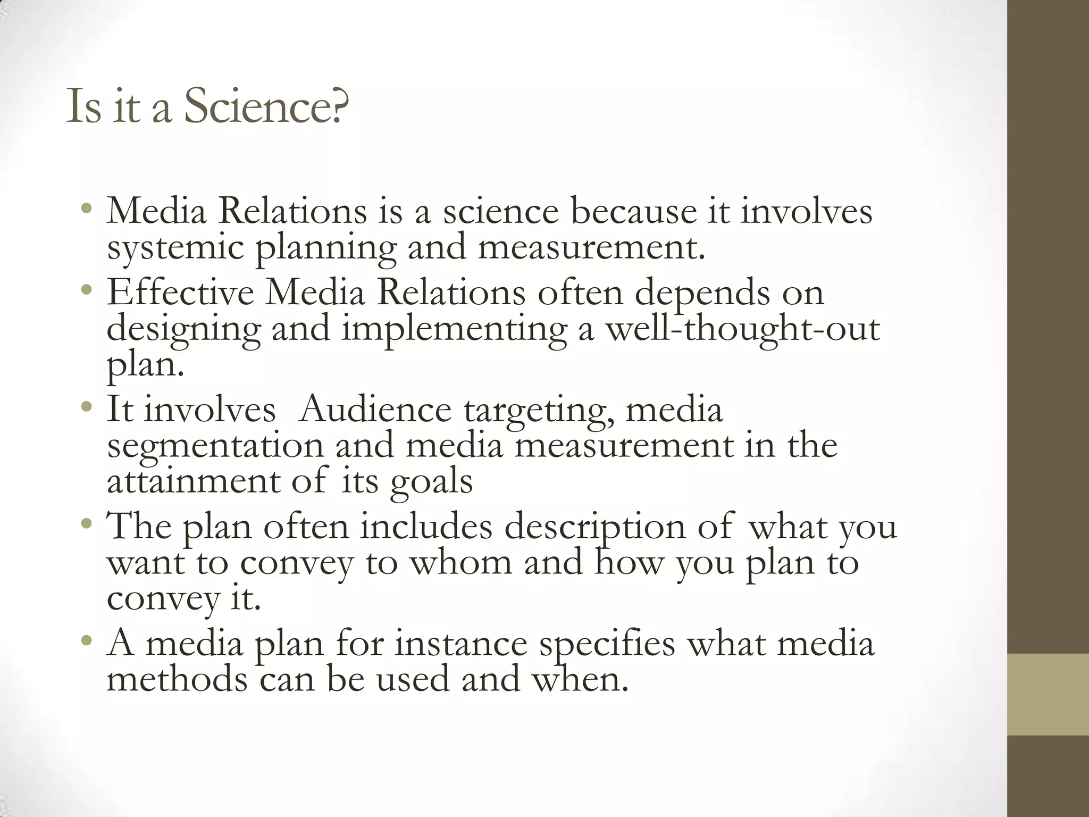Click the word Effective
tap(180, 293)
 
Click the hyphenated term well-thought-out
tap(743, 329)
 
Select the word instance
tap(460, 644)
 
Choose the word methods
tap(177, 679)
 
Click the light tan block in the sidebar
tap(1048, 694)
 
